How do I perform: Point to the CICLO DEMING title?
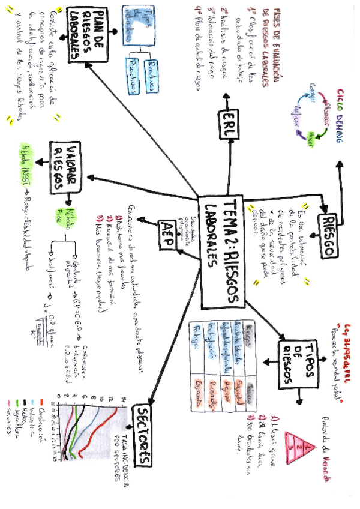tap(340, 119)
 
